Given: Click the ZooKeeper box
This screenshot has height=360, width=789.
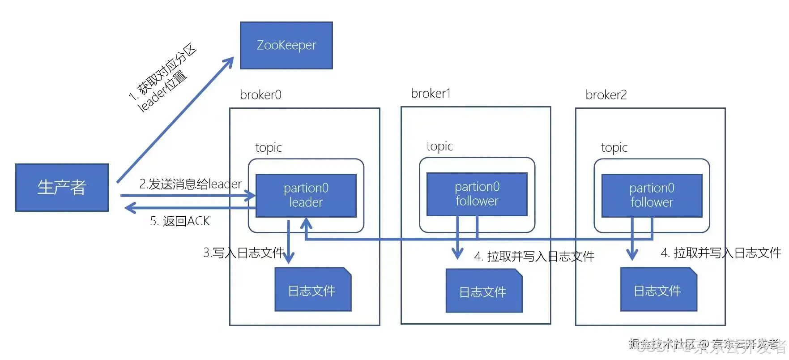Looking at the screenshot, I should (286, 45).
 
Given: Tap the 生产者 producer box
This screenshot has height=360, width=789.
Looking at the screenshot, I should (62, 187).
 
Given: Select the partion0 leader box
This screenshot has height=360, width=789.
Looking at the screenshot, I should (306, 195).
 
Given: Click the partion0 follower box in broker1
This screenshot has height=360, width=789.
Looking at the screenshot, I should (477, 194).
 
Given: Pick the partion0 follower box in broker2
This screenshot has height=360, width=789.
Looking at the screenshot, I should (652, 195).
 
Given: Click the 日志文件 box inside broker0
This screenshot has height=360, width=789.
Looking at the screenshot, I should (312, 290).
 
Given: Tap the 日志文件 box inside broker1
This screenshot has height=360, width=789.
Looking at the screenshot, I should (483, 291).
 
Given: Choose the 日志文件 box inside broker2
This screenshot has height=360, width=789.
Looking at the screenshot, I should (658, 290).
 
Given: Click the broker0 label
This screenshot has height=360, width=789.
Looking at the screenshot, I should (260, 95).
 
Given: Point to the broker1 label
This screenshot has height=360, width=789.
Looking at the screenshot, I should (431, 94).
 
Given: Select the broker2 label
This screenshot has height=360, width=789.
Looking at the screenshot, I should (606, 95).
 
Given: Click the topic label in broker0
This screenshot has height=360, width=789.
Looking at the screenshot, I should (269, 148).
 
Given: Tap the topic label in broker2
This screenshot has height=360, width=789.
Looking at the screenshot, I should (614, 148).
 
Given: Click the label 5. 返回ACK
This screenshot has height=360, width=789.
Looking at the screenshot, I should (180, 221).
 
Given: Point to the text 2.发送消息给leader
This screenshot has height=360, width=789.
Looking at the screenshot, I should (190, 184).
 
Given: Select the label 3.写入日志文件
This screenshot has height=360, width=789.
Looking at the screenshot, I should (243, 253).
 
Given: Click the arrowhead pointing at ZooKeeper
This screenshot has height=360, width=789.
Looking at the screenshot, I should (230, 62).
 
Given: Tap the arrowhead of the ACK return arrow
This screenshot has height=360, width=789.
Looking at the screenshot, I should (130, 208).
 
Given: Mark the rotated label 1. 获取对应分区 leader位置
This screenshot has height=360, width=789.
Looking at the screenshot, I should (162, 78).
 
